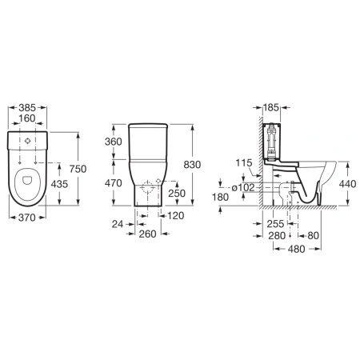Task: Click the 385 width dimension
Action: point(27,108)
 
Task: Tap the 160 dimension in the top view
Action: point(27,118)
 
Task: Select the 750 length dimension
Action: point(78,169)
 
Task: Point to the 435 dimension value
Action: point(59,184)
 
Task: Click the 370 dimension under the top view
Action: point(26,218)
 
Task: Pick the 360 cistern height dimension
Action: point(114,142)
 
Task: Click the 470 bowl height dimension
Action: point(114,183)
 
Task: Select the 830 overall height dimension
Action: point(192,165)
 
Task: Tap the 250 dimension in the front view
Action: point(177,193)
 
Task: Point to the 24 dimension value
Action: point(118,224)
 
